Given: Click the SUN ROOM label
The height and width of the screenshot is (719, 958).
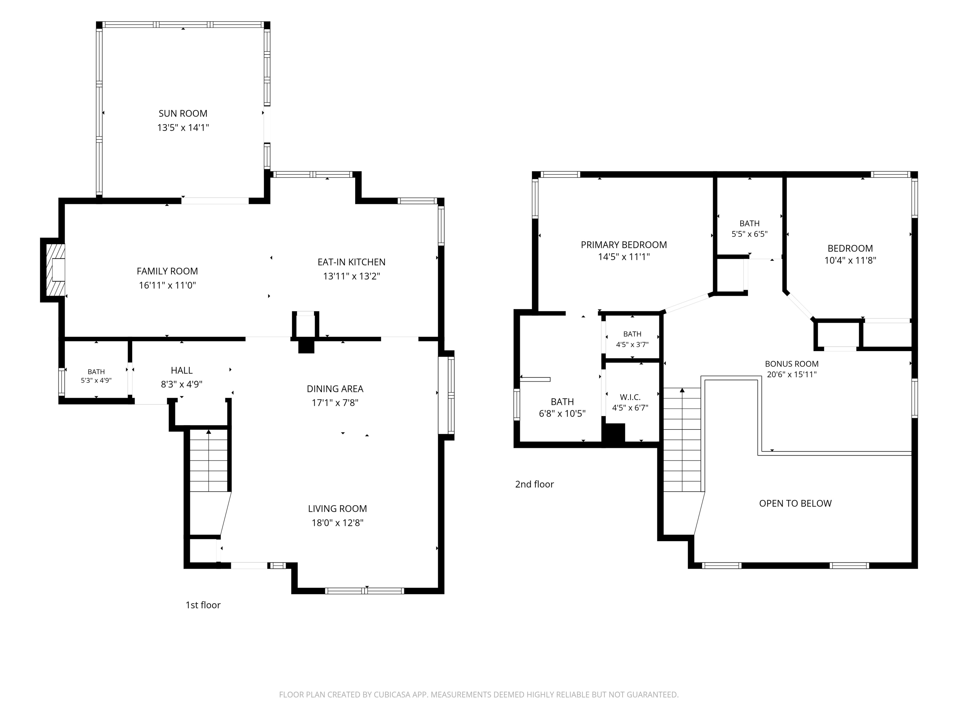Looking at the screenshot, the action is coord(183,114).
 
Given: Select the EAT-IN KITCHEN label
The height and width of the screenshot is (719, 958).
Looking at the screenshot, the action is coord(351,262).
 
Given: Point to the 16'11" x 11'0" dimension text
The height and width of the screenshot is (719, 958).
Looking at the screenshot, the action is coord(167,285).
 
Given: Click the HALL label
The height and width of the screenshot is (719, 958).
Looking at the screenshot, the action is coord(181,370).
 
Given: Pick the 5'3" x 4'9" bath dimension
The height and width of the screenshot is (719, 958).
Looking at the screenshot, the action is coord(96,380).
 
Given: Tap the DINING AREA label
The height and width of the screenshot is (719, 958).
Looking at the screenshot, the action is coord(335,389).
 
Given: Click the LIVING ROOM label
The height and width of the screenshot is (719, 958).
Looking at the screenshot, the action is coord(337,509).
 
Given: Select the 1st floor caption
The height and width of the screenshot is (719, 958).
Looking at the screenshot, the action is coord(203,605).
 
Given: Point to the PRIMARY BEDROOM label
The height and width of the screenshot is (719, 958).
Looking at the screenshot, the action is coord(624,245).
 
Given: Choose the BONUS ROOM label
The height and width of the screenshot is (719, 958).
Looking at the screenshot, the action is coord(792,364).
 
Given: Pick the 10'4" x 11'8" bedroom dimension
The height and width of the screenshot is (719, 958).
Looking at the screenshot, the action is coord(850,261).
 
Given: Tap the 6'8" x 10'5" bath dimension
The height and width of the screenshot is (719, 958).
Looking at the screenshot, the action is coord(562,414).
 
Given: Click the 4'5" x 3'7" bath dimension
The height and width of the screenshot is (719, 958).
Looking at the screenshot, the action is coord(632,345).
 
